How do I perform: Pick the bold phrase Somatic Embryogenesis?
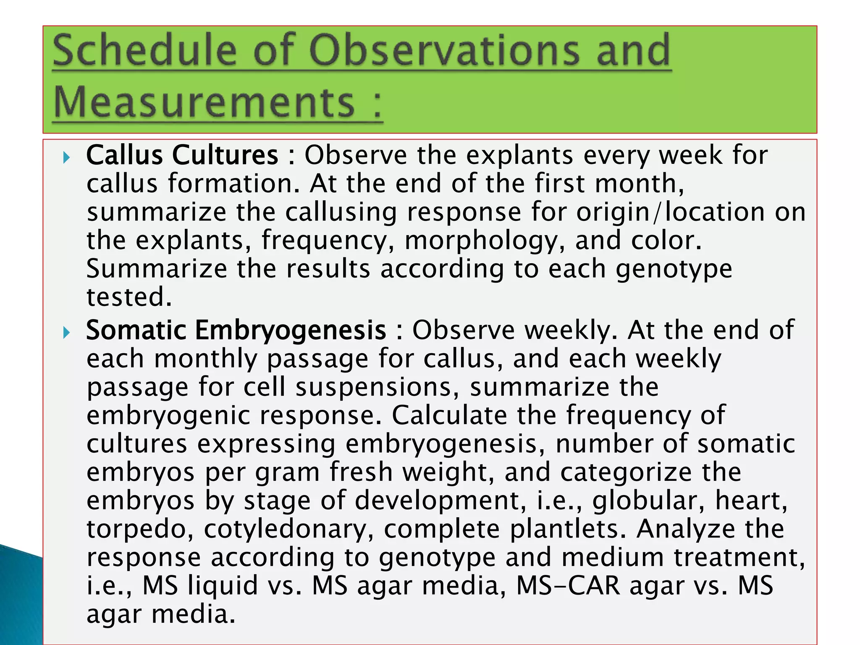click(x=236, y=330)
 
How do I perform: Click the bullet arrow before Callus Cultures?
click(x=66, y=158)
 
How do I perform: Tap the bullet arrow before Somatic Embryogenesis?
click(x=66, y=333)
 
